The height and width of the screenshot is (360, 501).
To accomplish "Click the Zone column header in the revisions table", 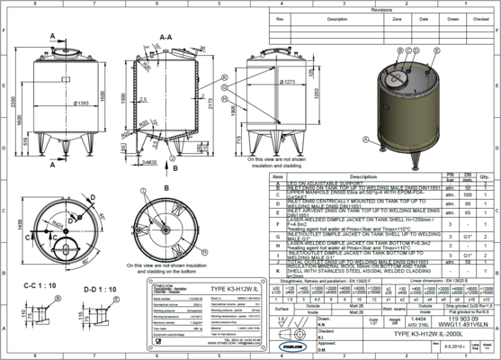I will click(398, 18).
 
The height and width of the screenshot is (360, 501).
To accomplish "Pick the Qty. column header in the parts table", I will click(485, 176).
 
